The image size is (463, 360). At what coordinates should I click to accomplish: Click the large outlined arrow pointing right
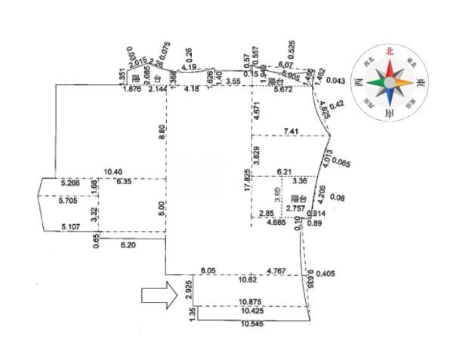click(159, 297)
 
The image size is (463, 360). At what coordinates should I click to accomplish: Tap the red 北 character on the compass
click(390, 51)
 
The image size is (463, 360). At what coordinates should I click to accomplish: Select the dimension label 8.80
click(161, 129)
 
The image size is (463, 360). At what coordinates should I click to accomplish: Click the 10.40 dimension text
click(113, 173)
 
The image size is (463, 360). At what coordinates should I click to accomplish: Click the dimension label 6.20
click(128, 245)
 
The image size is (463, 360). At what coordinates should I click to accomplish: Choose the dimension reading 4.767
click(279, 269)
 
